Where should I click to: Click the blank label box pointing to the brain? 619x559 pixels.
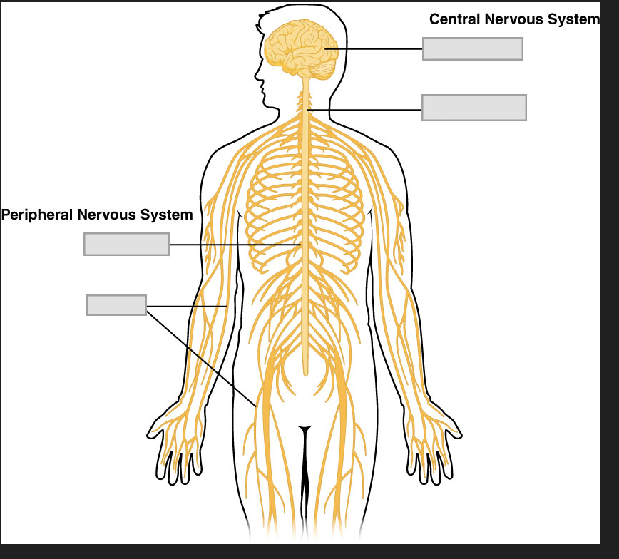click(x=472, y=48)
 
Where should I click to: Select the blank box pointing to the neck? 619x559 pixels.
click(x=474, y=108)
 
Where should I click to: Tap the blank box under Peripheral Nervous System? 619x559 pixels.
click(x=126, y=244)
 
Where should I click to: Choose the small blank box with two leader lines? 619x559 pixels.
click(x=116, y=304)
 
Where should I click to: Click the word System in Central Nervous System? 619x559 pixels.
click(x=573, y=19)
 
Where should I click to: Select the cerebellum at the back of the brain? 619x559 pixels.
click(x=324, y=70)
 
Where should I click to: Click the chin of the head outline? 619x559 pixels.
click(x=269, y=104)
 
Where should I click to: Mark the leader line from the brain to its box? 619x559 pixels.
click(x=374, y=48)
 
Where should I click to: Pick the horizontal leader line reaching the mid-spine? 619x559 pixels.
click(x=235, y=245)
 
